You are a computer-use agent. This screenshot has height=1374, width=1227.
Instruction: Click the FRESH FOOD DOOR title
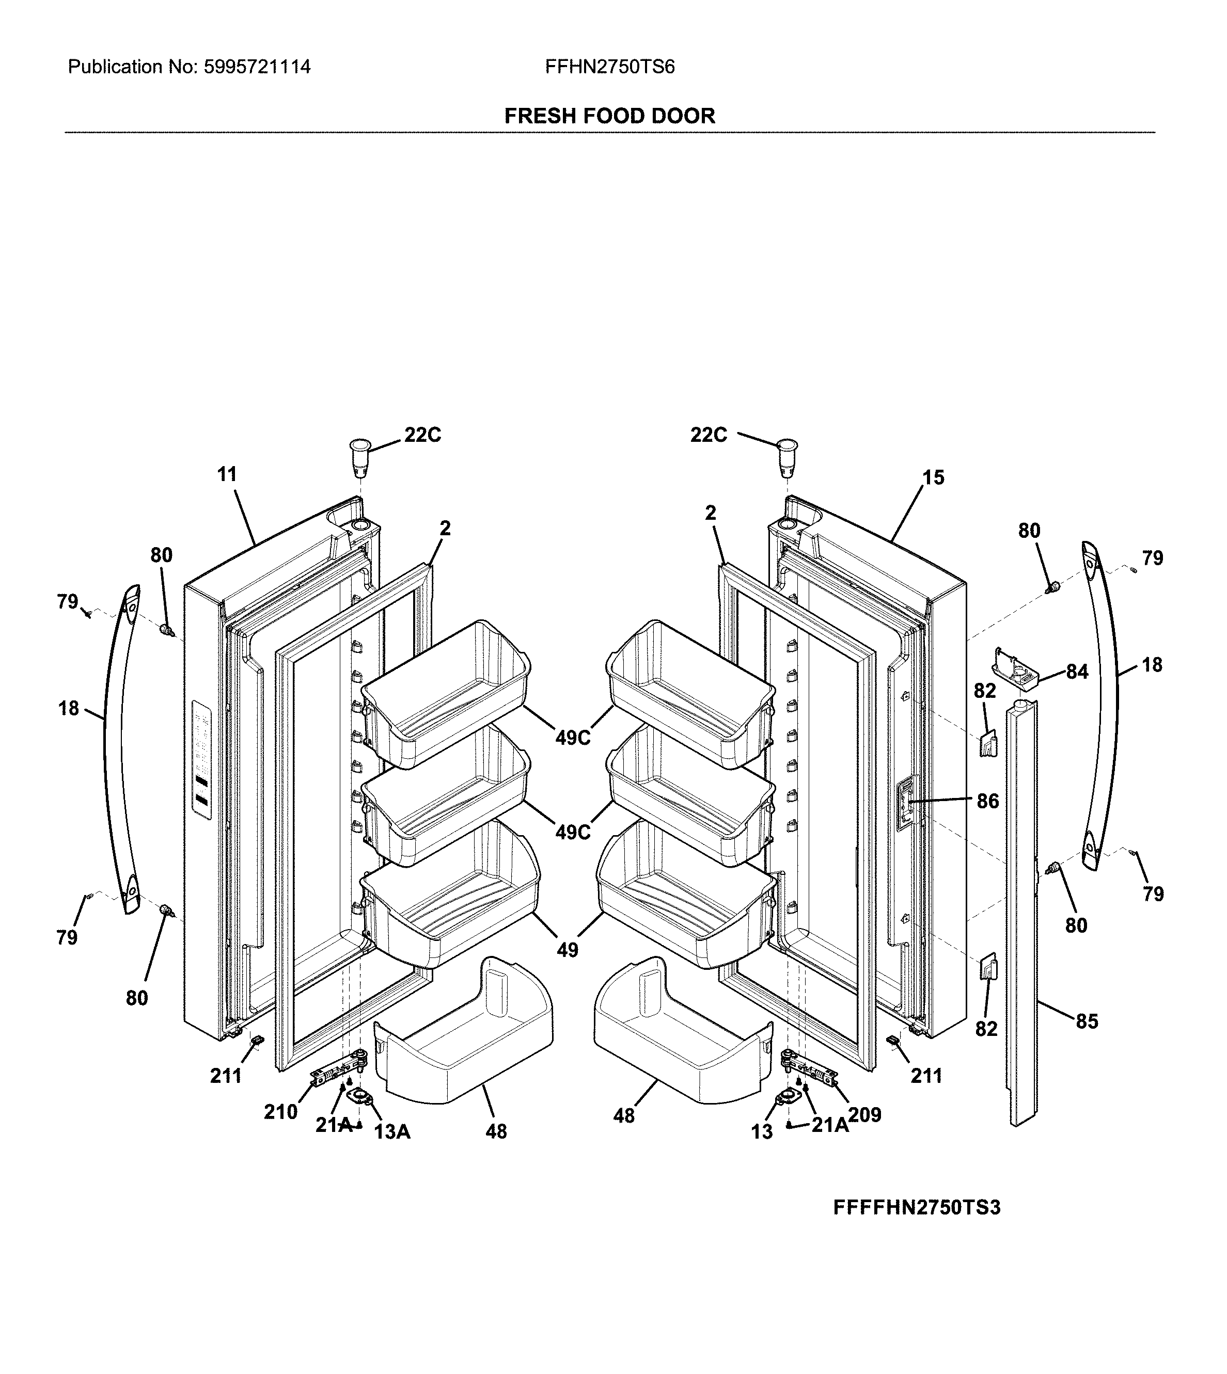609,116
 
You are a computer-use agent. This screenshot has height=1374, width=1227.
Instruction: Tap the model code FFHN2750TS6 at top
609,67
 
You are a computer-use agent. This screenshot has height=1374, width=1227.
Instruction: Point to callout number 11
227,474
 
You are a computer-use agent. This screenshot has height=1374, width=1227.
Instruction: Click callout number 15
933,478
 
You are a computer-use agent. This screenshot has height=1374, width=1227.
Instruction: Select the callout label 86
988,801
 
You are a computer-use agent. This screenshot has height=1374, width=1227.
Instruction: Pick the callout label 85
1087,1021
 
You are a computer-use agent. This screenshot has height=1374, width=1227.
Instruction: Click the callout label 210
280,1112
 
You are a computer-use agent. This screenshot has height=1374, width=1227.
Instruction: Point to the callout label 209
864,1115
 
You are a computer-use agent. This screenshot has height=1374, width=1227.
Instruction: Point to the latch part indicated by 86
907,803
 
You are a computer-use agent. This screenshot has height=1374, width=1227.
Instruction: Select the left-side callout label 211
226,1076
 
